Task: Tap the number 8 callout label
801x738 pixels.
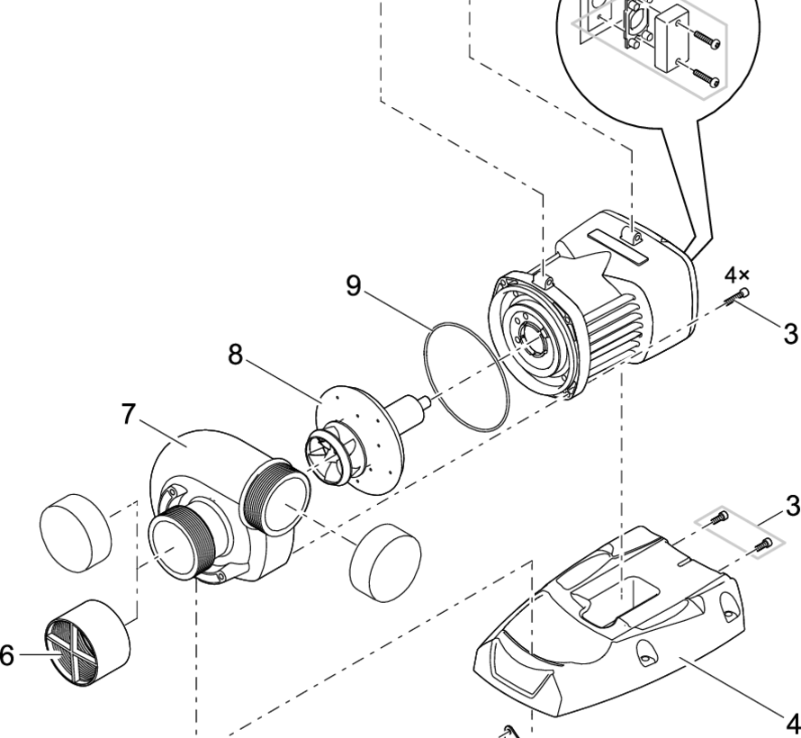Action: (236, 355)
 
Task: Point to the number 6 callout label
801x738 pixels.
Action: (6, 656)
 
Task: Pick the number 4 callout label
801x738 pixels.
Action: (792, 723)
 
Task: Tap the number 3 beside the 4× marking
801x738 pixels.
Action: (789, 334)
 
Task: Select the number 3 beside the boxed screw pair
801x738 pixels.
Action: (791, 505)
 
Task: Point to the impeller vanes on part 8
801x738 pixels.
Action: (334, 454)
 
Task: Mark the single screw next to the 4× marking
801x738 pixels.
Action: (741, 297)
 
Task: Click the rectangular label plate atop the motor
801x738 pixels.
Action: (620, 245)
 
